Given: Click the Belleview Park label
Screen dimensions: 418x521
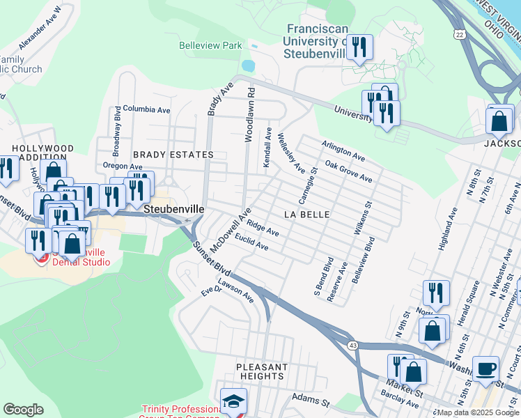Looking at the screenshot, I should [211, 46].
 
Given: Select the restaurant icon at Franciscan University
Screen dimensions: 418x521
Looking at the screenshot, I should [359, 48].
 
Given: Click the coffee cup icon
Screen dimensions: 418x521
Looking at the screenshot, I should [485, 369].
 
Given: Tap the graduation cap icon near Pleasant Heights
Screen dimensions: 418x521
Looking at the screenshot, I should [233, 401].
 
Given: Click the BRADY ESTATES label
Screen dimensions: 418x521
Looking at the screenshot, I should [173, 154].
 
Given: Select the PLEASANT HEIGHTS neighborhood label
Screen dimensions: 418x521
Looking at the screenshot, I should [261, 371].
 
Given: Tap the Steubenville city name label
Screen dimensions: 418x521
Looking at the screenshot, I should [173, 209].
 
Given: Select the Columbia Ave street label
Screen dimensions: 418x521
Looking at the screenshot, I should [146, 110].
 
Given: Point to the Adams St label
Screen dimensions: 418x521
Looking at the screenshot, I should [310, 402].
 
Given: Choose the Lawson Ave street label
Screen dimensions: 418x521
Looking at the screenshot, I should [235, 291].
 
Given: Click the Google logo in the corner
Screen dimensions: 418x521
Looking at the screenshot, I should [23, 410].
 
